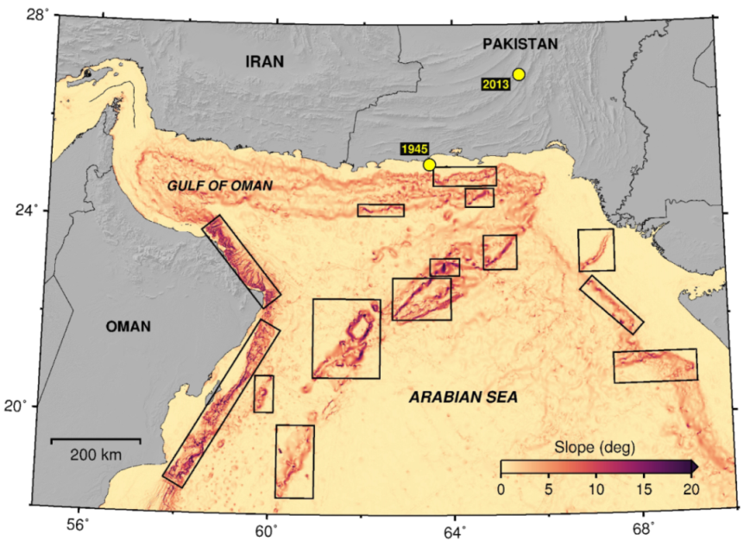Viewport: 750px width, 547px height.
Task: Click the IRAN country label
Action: tap(264, 61)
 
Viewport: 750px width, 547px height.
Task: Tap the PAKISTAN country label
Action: tap(520, 44)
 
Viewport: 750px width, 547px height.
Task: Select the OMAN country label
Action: tap(128, 326)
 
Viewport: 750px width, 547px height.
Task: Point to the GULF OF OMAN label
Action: tap(220, 185)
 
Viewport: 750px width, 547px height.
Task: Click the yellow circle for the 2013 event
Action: tap(519, 74)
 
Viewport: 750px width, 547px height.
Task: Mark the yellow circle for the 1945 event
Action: tap(429, 165)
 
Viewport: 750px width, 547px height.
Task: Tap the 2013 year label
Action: tap(495, 85)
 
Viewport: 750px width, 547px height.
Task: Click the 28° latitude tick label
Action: tap(37, 15)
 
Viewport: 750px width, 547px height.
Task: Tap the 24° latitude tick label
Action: tap(37, 210)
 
